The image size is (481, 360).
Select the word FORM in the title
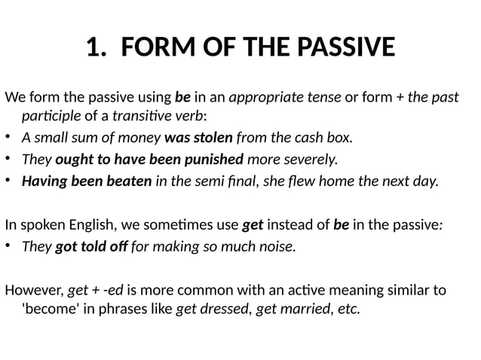153,48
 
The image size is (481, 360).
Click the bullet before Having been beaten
9,182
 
